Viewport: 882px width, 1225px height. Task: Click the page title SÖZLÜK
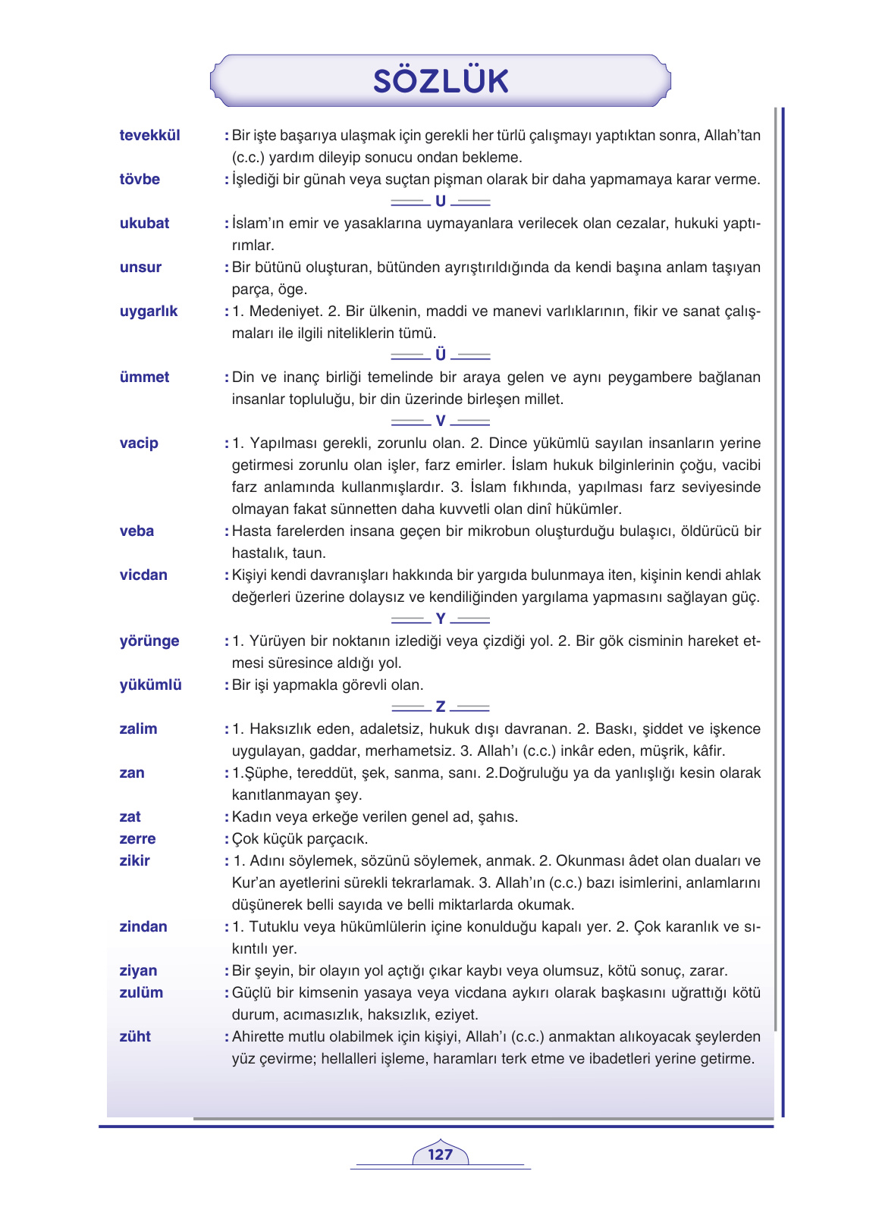tap(440, 80)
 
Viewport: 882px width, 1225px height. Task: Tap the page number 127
tap(440, 1155)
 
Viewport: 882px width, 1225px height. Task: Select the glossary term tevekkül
tap(149, 135)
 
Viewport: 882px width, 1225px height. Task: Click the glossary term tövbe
tap(140, 179)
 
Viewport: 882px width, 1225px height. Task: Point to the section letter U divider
tap(441, 202)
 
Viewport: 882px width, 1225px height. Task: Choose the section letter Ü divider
tap(441, 355)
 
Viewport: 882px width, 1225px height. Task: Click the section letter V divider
tap(441, 421)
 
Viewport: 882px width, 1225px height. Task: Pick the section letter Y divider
tap(441, 619)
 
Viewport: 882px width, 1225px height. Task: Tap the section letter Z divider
tap(441, 707)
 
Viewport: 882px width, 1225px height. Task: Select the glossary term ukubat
tap(144, 223)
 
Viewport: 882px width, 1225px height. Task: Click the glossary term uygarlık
tap(149, 311)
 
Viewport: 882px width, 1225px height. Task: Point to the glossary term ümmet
tap(144, 377)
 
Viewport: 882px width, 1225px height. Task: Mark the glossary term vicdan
tap(143, 575)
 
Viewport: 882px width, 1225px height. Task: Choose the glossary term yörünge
tap(149, 641)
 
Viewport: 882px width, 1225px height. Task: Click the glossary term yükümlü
tap(150, 685)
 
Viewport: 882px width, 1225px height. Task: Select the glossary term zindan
tap(143, 926)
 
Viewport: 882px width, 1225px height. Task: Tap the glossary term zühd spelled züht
tap(135, 1036)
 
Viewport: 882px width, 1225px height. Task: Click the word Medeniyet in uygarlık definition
tap(284, 311)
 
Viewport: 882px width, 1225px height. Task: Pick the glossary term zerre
tap(137, 838)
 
